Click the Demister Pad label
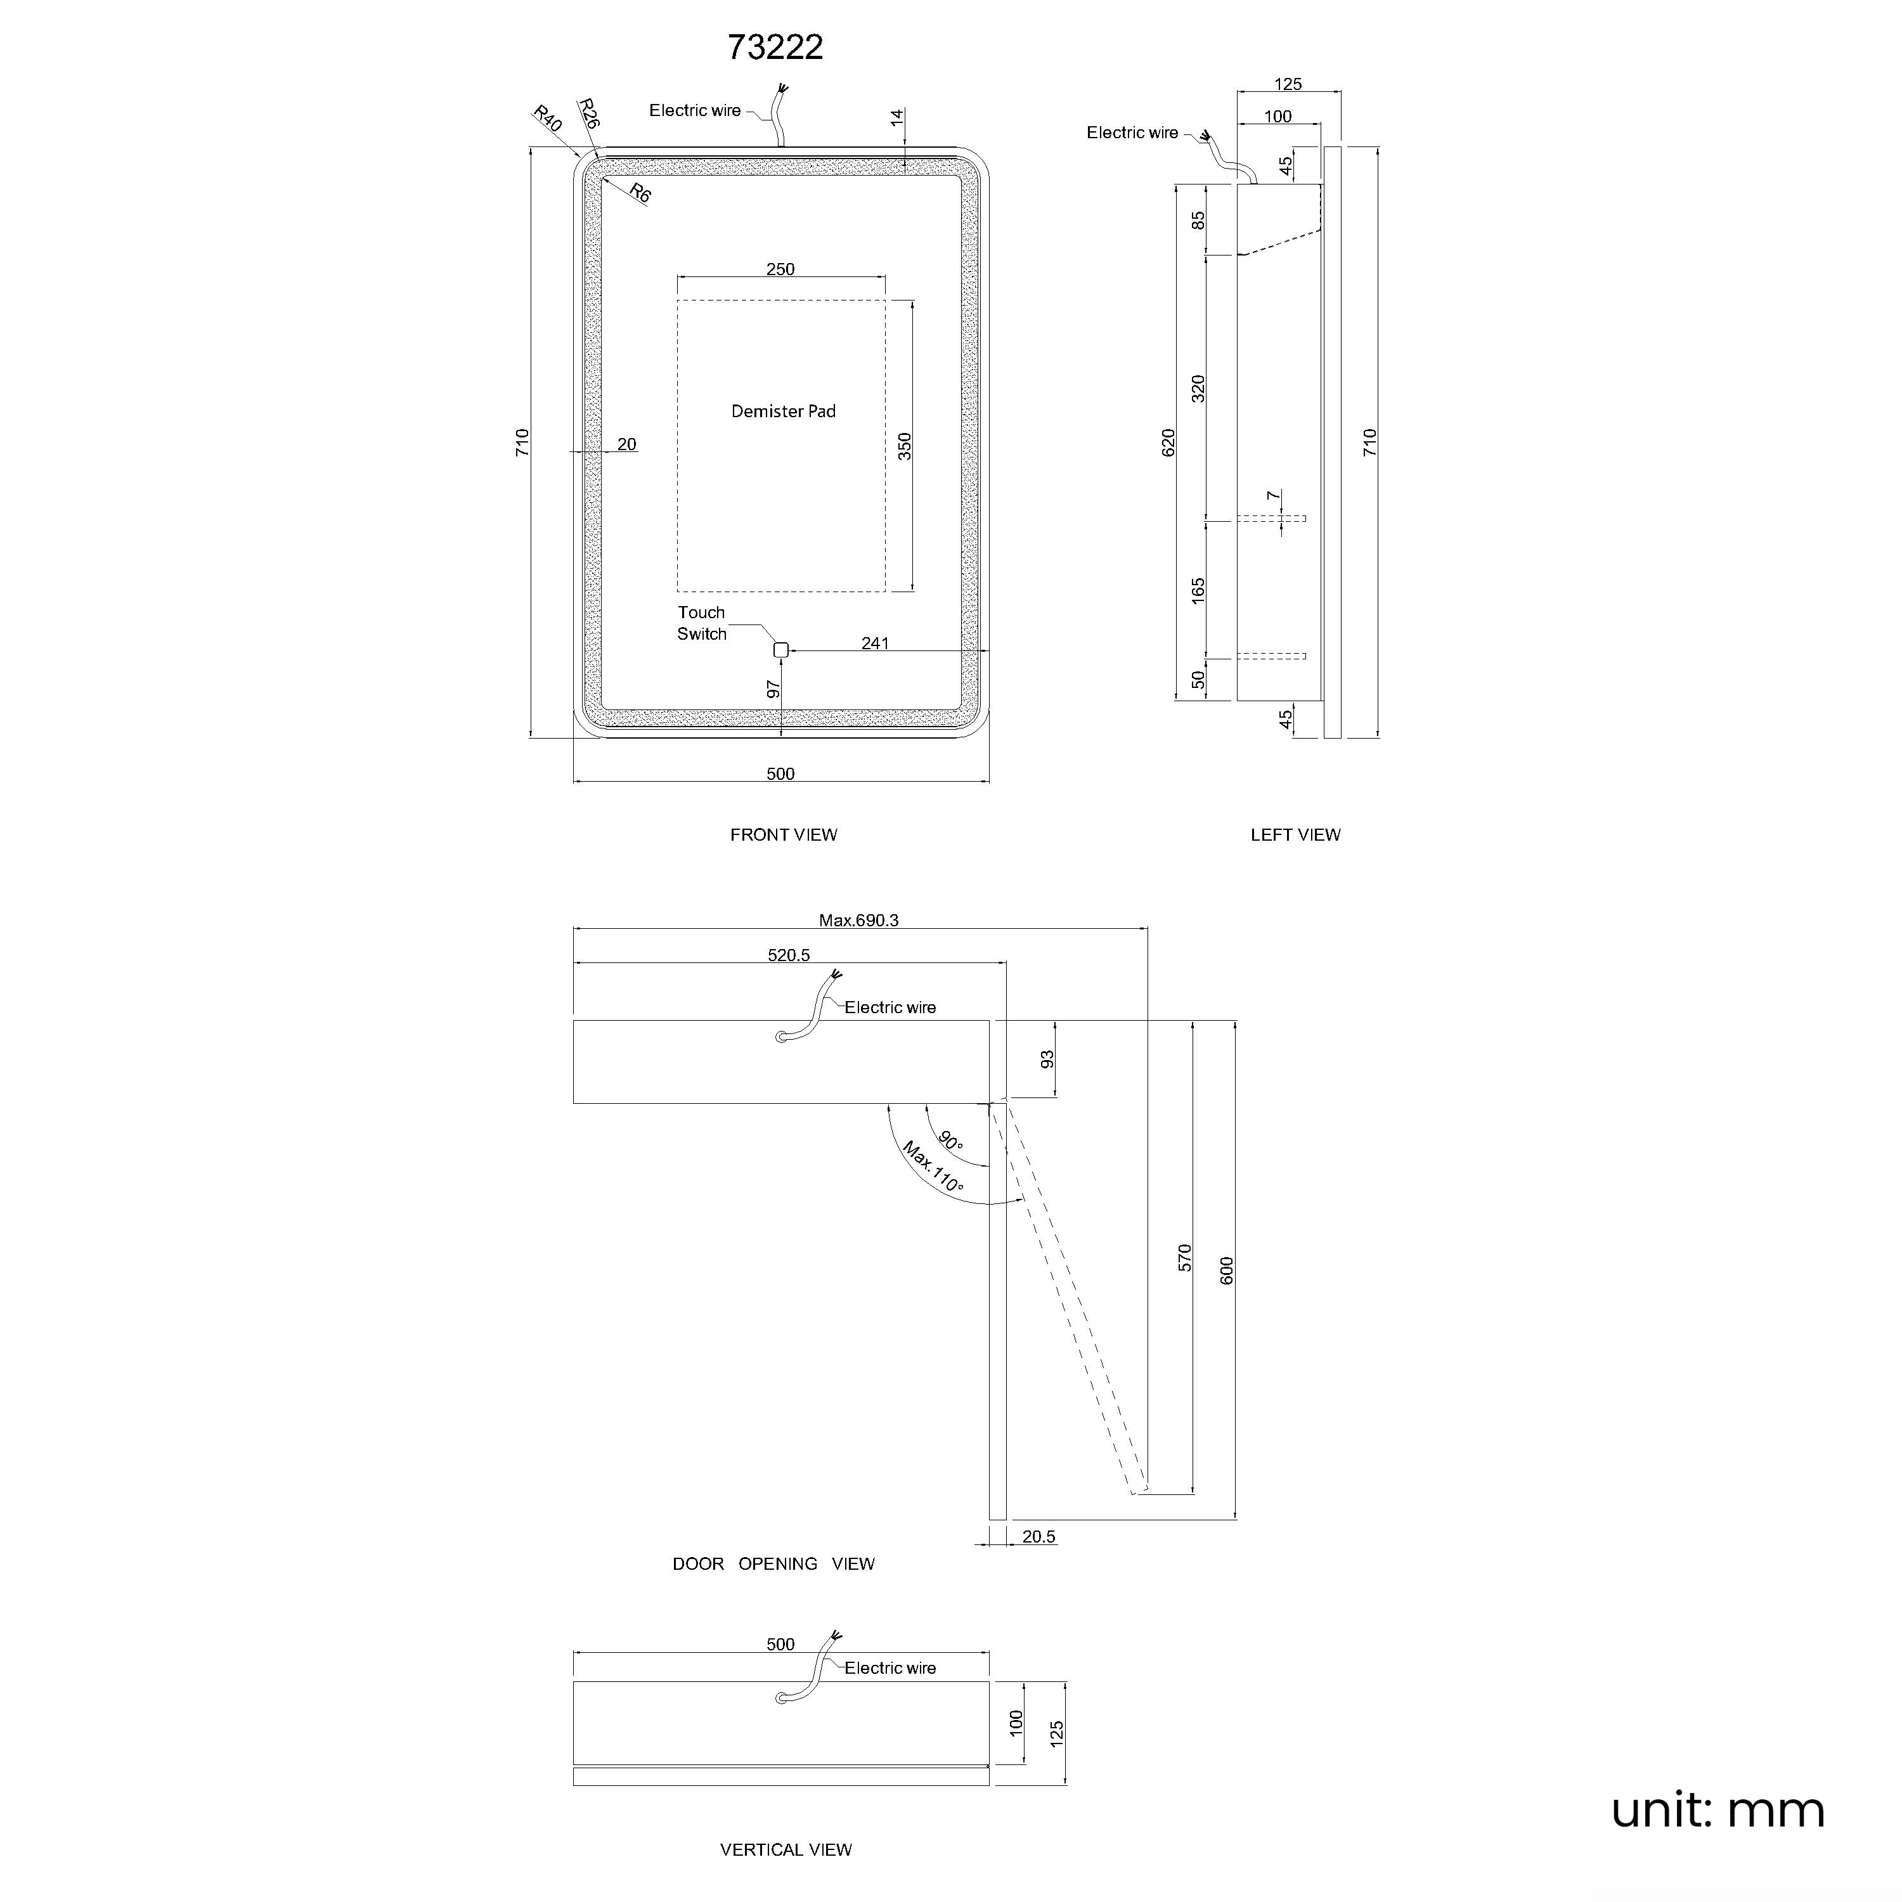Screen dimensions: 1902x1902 click(784, 411)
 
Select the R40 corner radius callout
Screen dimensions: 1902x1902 click(547, 119)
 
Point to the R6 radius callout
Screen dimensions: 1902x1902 click(640, 193)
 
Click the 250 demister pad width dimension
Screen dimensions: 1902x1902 click(780, 269)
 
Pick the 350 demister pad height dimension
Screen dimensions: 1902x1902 click(905, 446)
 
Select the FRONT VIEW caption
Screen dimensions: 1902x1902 click(784, 835)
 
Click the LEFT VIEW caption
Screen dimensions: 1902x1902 click(1295, 835)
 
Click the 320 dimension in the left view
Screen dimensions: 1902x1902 click(1198, 388)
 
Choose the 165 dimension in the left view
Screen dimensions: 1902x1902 click(1198, 591)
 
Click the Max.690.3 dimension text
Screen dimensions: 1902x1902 click(858, 921)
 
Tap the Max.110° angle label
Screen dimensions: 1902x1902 click(933, 1168)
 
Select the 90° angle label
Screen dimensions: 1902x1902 click(951, 1141)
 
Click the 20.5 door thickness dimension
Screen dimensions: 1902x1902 click(1038, 1537)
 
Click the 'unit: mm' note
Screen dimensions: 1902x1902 click(1718, 1811)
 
